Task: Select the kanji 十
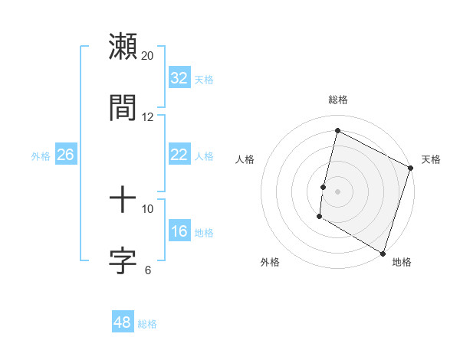click(x=123, y=200)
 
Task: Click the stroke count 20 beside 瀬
click(x=148, y=56)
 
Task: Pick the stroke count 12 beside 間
click(x=148, y=116)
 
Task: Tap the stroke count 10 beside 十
click(x=148, y=209)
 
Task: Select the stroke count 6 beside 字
click(x=148, y=270)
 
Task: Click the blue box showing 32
click(x=179, y=78)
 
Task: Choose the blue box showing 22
click(x=179, y=155)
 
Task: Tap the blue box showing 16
click(x=179, y=231)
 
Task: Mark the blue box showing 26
click(x=65, y=155)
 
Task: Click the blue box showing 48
click(x=122, y=322)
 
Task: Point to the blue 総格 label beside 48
click(x=147, y=324)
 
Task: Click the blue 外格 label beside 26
click(x=41, y=156)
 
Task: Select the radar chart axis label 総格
click(x=337, y=100)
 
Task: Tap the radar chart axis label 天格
click(x=431, y=159)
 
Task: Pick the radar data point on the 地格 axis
click(x=383, y=253)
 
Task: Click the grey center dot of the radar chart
click(x=337, y=191)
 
